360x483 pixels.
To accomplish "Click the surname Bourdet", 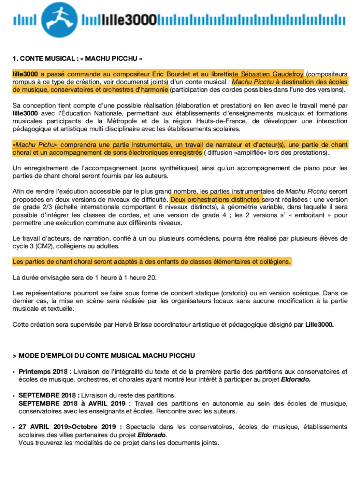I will pos(179,74).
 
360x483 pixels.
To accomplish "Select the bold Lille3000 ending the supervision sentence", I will pos(319,325).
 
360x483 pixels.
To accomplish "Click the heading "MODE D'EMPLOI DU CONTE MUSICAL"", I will pos(106,356).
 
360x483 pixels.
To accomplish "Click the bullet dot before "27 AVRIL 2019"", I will pos(14,427).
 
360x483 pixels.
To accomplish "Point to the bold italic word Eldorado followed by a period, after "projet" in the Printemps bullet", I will pos(296,380).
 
